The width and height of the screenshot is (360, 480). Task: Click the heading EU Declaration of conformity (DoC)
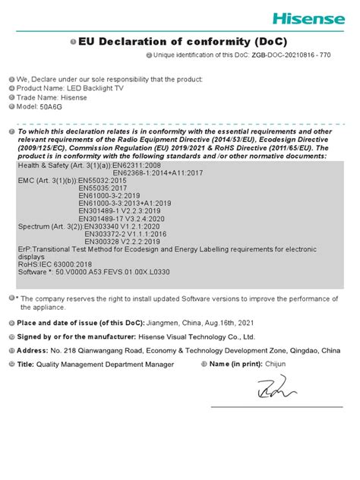coord(183,42)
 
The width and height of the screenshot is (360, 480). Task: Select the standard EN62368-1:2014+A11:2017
coord(158,173)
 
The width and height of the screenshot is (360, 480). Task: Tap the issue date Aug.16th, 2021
coord(226,323)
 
